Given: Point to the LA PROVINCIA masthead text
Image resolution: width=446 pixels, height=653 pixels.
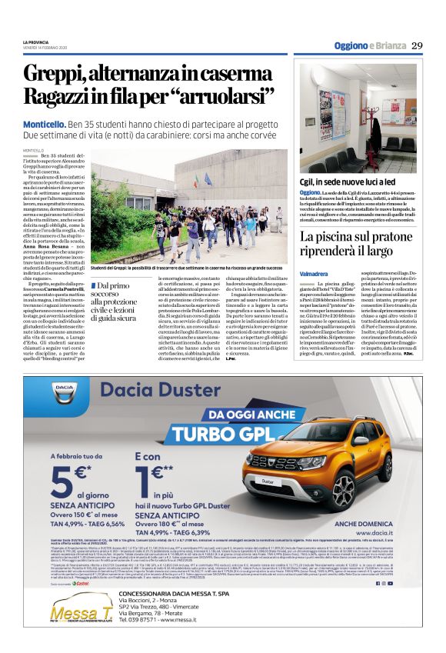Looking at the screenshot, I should (36, 42).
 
